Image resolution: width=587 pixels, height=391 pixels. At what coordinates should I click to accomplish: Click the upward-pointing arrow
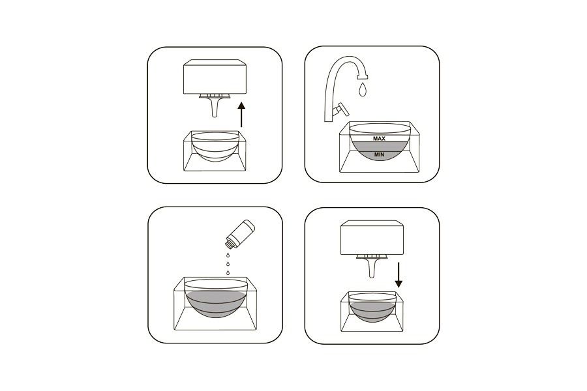point(242,114)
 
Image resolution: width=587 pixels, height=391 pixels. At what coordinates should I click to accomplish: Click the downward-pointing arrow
point(399,275)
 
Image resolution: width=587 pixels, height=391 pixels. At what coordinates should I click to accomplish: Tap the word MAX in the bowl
point(379,138)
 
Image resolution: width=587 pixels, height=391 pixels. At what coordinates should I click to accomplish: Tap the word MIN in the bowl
point(379,154)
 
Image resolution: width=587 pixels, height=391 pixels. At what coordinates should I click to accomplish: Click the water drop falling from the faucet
point(362,89)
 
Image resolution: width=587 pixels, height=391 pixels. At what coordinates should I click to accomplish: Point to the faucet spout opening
point(363,77)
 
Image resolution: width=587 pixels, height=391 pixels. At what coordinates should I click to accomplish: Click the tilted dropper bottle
point(240,234)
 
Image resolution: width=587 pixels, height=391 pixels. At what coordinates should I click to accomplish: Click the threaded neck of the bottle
point(230,244)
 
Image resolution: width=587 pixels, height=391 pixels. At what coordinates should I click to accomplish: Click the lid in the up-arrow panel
point(215,76)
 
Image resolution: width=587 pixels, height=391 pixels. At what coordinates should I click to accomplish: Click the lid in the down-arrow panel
point(372,238)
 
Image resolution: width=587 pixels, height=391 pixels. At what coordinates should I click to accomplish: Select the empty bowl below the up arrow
point(215,147)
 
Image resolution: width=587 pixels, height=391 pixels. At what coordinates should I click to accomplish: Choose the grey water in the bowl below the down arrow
point(372,311)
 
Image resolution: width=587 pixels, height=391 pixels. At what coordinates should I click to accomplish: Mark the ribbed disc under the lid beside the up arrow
point(215,96)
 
